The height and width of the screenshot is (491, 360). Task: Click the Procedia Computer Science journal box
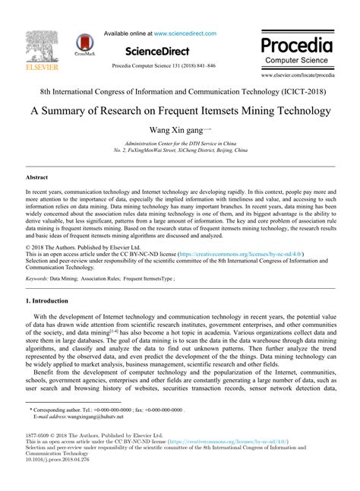tap(296, 49)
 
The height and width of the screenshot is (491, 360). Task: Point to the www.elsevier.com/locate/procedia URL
tap(297, 76)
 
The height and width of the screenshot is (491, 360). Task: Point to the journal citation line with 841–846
tap(163, 66)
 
